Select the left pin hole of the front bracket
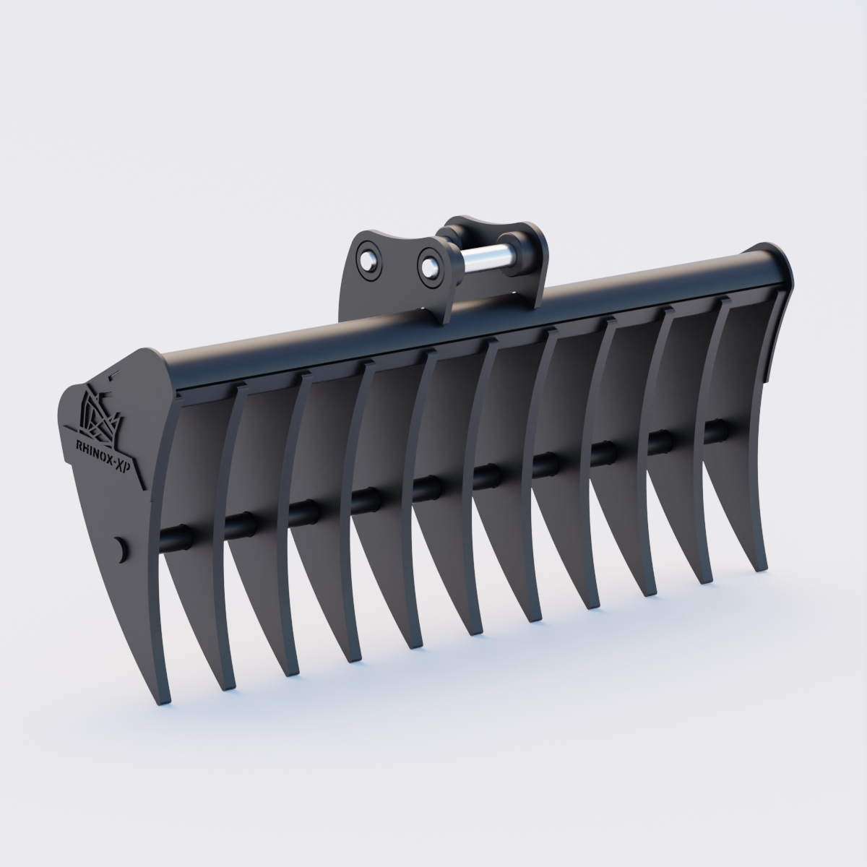click(369, 258)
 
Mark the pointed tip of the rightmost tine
click(760, 568)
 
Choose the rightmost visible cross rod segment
click(715, 431)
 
